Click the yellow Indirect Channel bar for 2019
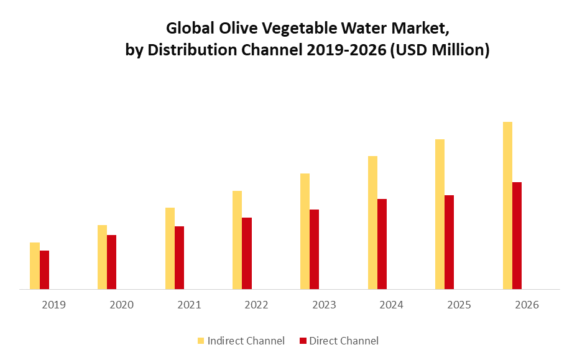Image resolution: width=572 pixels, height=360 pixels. click(35, 266)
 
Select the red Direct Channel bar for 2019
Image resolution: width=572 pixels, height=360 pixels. click(44, 270)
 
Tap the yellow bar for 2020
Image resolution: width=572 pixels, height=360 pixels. click(102, 257)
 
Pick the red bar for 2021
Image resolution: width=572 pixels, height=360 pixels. click(179, 258)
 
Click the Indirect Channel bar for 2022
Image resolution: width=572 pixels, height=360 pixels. click(237, 240)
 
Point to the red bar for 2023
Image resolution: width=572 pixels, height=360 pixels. click(314, 249)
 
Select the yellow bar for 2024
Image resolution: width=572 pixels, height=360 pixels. click(372, 223)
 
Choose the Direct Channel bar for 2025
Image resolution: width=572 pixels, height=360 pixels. click(449, 242)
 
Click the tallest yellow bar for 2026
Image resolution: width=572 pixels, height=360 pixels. click(507, 205)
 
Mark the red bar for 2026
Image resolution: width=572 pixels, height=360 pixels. click(517, 236)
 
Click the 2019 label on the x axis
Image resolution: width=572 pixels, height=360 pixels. click(53, 305)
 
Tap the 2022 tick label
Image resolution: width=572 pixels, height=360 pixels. click(256, 305)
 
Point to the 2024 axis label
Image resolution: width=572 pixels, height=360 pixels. click(391, 305)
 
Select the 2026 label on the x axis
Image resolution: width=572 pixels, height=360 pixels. click(527, 305)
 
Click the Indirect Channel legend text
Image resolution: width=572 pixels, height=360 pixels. click(246, 341)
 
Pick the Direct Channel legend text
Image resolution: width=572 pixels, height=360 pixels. click(344, 341)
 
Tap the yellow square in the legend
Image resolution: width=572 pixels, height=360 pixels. click(201, 341)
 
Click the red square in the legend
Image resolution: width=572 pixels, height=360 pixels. click(303, 341)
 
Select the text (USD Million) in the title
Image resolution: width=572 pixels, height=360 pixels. click(440, 50)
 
